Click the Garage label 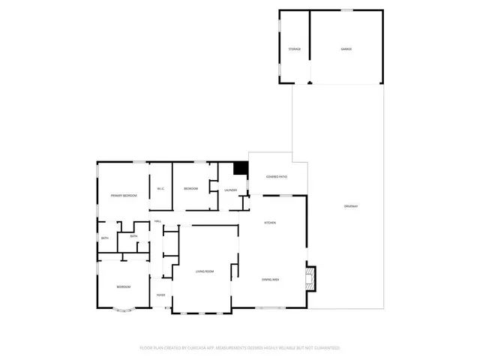(x=346, y=49)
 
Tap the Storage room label (x=295, y=49)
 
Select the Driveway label (x=351, y=205)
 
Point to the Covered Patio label (x=277, y=177)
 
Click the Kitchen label (x=268, y=223)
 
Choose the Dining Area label (x=271, y=280)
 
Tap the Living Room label (x=205, y=271)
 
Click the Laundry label (x=231, y=190)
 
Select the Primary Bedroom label (x=124, y=195)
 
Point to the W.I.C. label (x=160, y=188)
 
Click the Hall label (x=158, y=221)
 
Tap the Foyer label (x=160, y=295)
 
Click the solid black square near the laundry (x=241, y=170)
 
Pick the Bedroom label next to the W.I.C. (x=190, y=188)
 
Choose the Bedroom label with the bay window (x=123, y=287)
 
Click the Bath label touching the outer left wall (x=105, y=238)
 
